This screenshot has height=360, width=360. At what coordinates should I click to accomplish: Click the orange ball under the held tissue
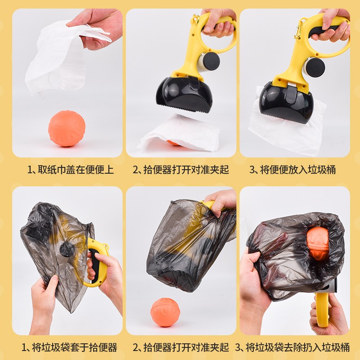tap(66, 129)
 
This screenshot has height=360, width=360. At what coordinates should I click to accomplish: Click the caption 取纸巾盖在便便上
tap(71, 170)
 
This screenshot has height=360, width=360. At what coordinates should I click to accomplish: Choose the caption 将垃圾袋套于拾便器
tap(74, 347)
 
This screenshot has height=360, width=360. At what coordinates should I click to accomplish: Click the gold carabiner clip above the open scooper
tap(195, 20)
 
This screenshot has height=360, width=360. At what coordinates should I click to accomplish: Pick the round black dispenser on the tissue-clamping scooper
tap(315, 67)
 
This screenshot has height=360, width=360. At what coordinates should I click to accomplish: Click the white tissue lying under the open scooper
tap(180, 135)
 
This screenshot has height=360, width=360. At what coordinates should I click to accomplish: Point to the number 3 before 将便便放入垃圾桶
tap(252, 170)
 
